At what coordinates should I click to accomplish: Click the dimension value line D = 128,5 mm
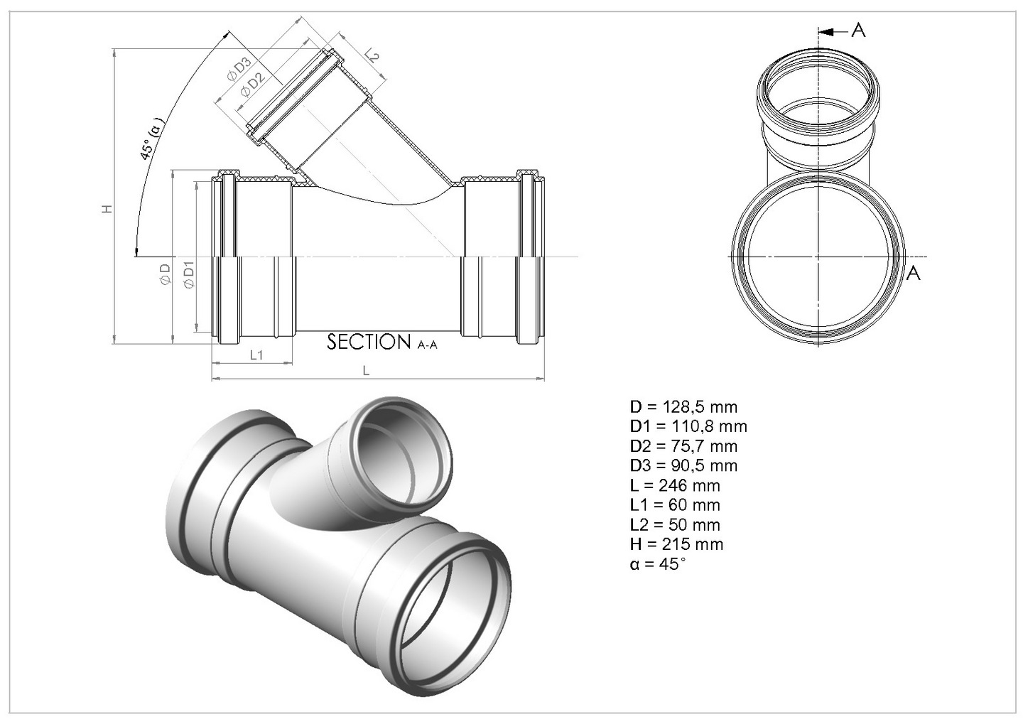(x=683, y=407)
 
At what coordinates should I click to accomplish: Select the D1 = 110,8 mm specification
(x=688, y=426)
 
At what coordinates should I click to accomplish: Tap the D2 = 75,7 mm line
(x=683, y=446)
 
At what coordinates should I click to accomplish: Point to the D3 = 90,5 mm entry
(x=683, y=466)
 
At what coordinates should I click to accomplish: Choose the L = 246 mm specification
(x=674, y=486)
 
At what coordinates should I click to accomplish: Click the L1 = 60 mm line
(x=674, y=505)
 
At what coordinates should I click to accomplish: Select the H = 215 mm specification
(x=676, y=544)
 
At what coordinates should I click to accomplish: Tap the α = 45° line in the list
(x=658, y=564)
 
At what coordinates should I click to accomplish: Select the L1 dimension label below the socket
(x=256, y=355)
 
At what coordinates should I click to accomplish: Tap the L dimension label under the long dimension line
(x=366, y=370)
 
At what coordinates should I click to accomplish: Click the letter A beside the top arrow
(x=858, y=31)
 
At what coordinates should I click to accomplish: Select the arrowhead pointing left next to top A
(x=824, y=31)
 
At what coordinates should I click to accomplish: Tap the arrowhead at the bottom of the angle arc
(x=135, y=251)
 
